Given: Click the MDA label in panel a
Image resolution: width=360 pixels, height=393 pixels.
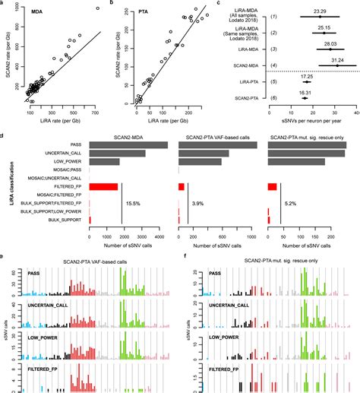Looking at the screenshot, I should click(36, 11).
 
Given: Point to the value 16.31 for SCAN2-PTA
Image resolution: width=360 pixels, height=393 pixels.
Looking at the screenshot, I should click(304, 92).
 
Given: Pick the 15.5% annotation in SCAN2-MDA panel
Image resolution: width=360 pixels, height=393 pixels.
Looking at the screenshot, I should click(134, 204).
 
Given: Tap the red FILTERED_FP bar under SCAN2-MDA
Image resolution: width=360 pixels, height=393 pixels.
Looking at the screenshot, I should click(103, 186).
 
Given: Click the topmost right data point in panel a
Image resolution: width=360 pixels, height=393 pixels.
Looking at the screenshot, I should click(96, 8).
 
